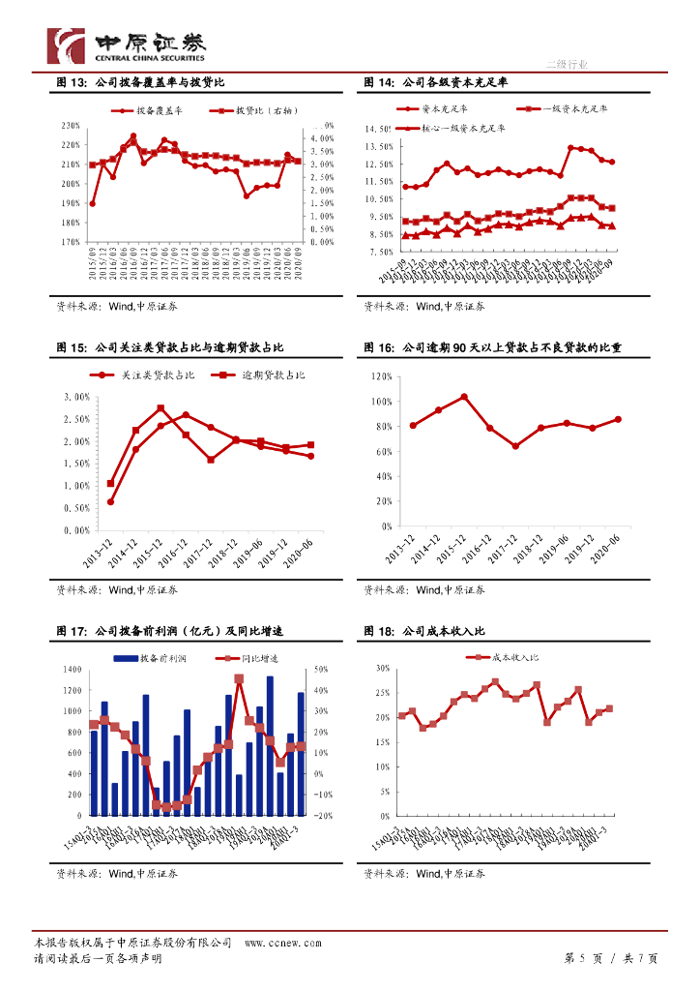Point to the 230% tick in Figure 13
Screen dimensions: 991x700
coord(70,126)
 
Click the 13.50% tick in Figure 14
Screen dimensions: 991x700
coord(378,146)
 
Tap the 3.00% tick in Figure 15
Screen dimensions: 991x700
coord(74,397)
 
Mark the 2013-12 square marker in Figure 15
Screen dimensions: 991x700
coord(110,484)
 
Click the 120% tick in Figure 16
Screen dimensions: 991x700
coord(379,376)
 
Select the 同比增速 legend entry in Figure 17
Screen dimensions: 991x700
coord(248,658)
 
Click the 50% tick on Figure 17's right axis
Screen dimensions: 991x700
coord(321,670)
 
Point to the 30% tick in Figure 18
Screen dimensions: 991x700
coord(380,669)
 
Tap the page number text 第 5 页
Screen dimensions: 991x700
coord(583,958)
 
